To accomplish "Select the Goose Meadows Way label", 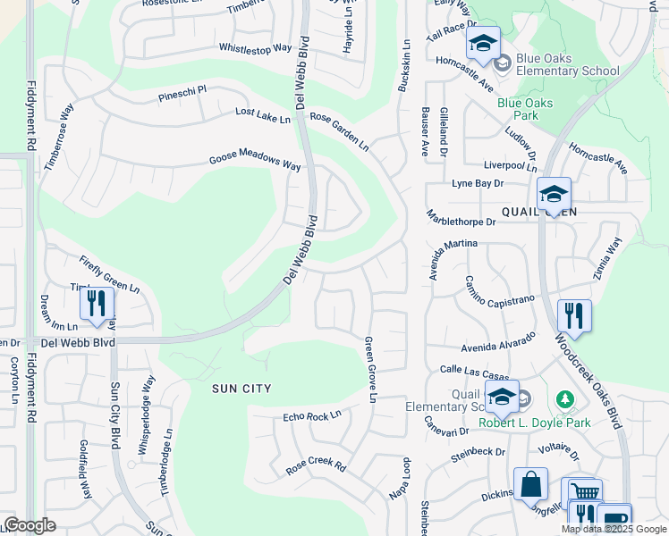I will (255, 163).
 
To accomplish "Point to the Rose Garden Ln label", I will (339, 130).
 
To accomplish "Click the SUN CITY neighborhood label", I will (241, 389).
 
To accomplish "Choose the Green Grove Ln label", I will (368, 374).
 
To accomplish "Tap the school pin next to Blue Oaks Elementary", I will (483, 44).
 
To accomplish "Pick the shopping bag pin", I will (530, 484).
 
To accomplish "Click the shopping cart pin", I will (584, 492).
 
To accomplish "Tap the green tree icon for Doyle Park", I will (563, 398).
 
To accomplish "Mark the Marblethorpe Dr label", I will (461, 221).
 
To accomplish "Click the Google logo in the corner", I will (30, 524).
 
